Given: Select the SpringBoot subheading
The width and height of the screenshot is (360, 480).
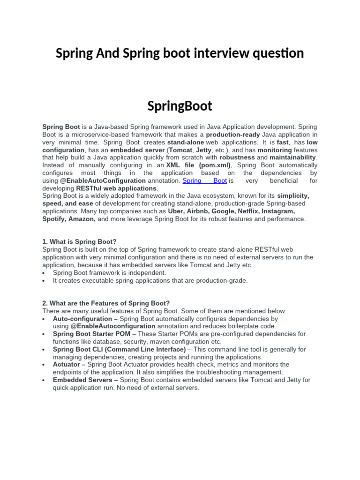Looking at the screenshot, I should [180, 106].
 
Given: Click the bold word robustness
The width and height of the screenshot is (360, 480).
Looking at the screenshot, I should [237, 157].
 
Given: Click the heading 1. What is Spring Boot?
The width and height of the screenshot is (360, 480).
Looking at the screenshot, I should [79, 242].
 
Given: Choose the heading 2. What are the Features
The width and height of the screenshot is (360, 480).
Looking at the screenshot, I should [106, 303].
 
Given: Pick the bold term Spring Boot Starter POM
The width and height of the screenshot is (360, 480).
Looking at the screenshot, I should [91, 334].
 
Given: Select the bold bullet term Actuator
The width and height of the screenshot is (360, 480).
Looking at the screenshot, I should [67, 365].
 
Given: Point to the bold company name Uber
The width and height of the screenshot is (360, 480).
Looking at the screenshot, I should [176, 211].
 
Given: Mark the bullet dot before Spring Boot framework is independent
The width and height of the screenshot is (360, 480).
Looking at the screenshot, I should [44, 273].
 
